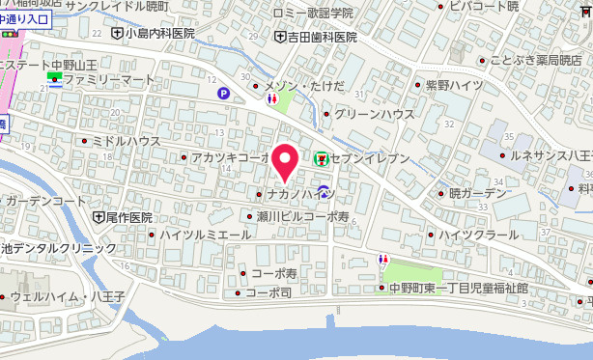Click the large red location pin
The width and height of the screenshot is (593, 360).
point(284,163)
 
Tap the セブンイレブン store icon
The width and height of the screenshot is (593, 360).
point(321,157)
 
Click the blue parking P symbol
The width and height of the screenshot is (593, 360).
point(224,94)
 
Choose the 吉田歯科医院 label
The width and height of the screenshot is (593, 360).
point(321,38)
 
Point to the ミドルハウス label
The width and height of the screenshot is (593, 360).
point(127,141)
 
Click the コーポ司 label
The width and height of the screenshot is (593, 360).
point(267,292)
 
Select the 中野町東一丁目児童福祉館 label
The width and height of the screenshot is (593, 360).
point(459,288)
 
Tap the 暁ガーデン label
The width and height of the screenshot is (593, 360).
point(477,193)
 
